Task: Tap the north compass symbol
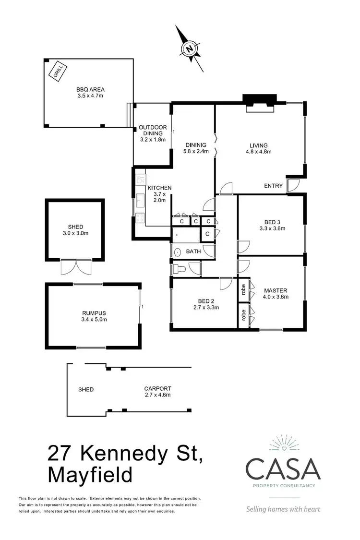tap(190, 48)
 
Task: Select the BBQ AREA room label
tap(90, 89)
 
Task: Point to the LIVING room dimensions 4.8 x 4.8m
tap(258, 152)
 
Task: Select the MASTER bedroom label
tap(276, 290)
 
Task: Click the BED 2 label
tap(206, 300)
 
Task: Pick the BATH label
tap(193, 251)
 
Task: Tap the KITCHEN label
tap(159, 188)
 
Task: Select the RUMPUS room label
tap(94, 312)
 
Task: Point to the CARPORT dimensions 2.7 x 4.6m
tap(157, 395)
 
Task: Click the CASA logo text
tap(283, 469)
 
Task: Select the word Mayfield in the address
tap(90, 475)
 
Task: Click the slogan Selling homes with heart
tap(283, 509)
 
